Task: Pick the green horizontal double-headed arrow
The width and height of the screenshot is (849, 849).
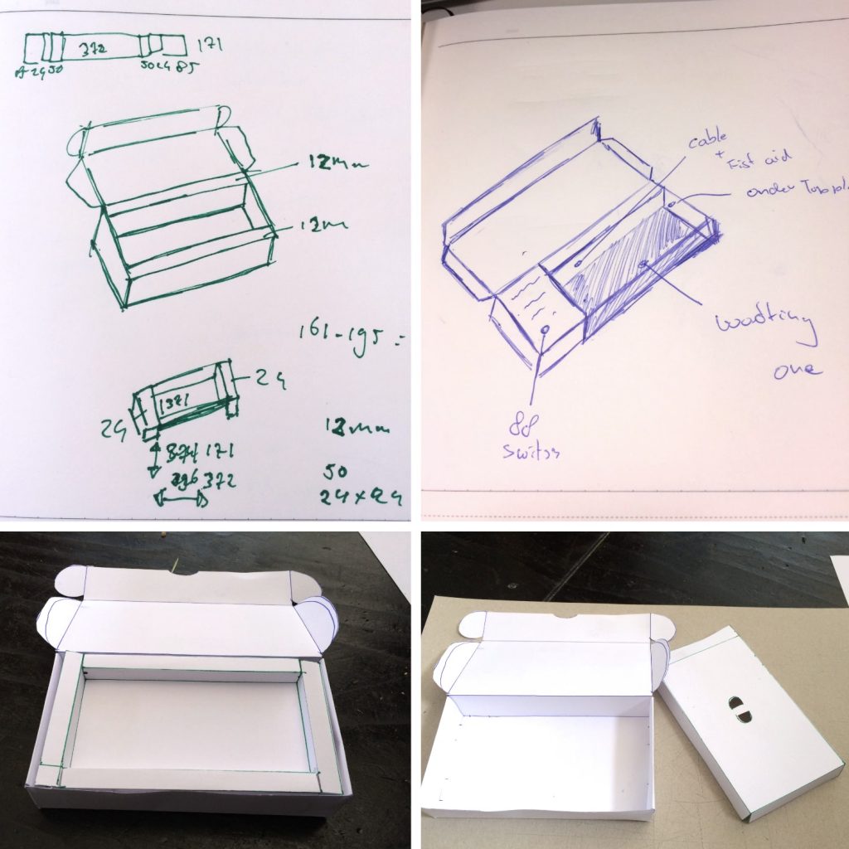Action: click(180, 501)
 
